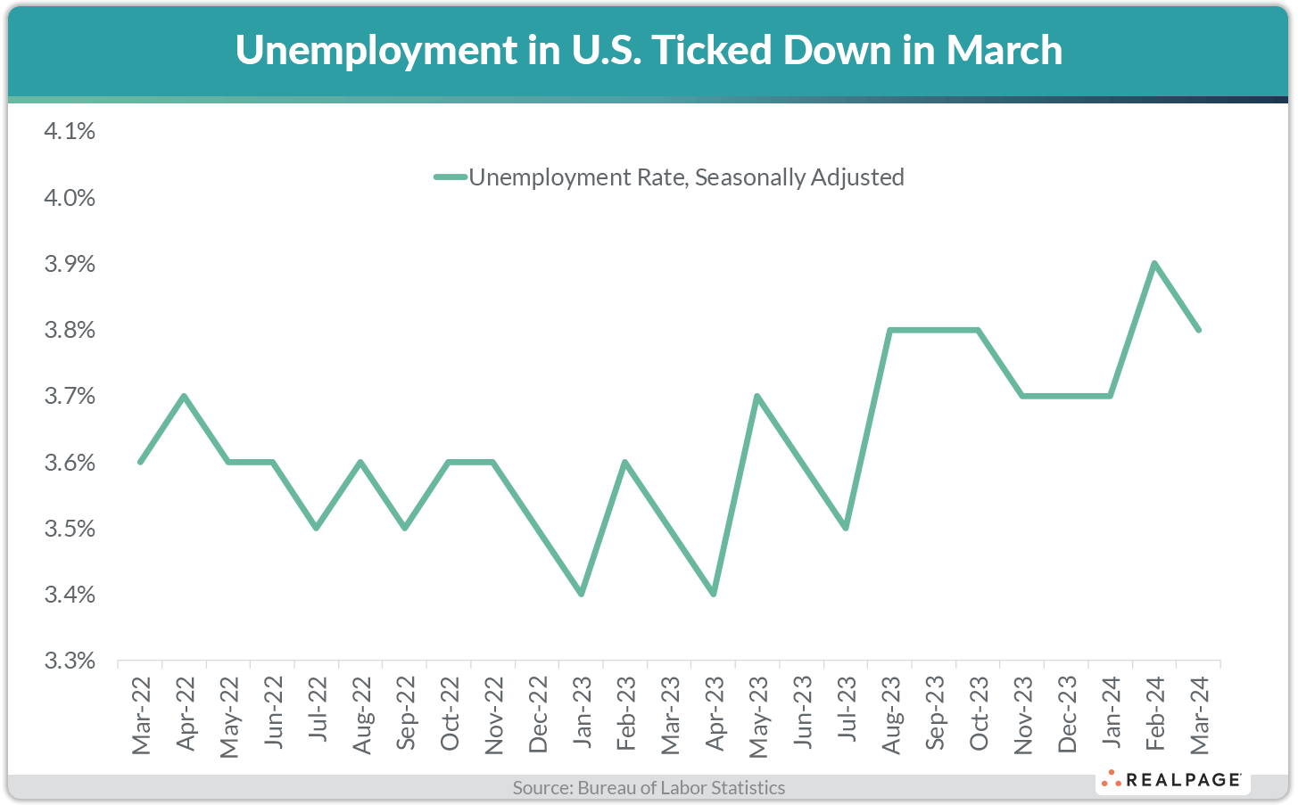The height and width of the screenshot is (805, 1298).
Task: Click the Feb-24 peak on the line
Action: click(x=1154, y=264)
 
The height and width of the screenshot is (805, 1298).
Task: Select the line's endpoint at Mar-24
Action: click(x=1198, y=330)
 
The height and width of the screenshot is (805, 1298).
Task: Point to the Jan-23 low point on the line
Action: click(x=582, y=594)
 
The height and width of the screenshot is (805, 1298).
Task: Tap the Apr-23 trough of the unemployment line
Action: click(x=714, y=594)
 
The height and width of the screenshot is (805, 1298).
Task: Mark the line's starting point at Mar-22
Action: click(x=141, y=462)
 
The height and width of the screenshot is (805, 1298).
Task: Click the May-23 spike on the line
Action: click(x=757, y=396)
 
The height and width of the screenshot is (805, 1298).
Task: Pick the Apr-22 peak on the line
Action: click(x=185, y=396)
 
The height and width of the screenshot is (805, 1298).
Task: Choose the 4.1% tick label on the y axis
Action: click(x=70, y=132)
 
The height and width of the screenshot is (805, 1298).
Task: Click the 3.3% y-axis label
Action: click(x=70, y=661)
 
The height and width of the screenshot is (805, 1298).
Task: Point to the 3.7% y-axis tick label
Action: click(x=70, y=396)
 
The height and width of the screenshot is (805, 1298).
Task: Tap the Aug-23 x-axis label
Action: click(x=890, y=715)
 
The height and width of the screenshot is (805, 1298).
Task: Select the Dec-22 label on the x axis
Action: click(x=538, y=715)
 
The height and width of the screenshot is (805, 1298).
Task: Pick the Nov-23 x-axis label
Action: click(x=1022, y=715)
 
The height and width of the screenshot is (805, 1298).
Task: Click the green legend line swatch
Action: click(x=451, y=177)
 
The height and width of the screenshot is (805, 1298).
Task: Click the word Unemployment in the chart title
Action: click(x=376, y=51)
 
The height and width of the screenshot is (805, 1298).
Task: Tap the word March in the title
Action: click(x=1005, y=51)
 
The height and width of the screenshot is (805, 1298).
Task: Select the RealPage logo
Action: click(x=1172, y=780)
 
